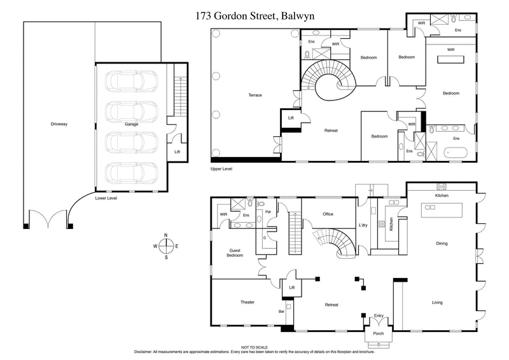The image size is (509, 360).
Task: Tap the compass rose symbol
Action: pyautogui.click(x=165, y=246)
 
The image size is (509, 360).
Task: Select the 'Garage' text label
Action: pyautogui.click(x=131, y=123)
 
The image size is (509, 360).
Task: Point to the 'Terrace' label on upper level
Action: pyautogui.click(x=254, y=95)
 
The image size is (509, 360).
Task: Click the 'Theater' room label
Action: pyautogui.click(x=248, y=301)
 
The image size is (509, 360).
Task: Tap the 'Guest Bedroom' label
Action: pyautogui.click(x=235, y=252)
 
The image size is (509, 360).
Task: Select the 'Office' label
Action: pyautogui.click(x=328, y=214)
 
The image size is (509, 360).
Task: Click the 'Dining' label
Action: pyautogui.click(x=442, y=243)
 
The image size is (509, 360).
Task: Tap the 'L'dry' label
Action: pyautogui.click(x=363, y=226)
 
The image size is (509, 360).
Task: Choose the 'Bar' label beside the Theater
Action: pyautogui.click(x=281, y=311)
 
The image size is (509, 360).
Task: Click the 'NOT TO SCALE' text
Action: pyautogui.click(x=254, y=347)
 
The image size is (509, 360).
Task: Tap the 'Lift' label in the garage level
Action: pyautogui.click(x=178, y=151)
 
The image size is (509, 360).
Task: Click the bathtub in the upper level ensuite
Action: pyautogui.click(x=454, y=153)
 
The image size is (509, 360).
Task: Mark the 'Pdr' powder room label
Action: pyautogui.click(x=268, y=212)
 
